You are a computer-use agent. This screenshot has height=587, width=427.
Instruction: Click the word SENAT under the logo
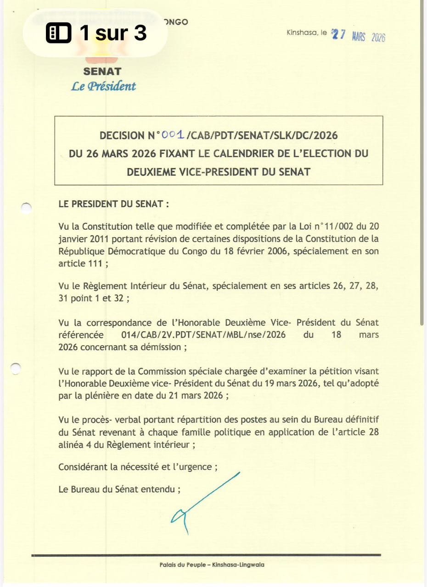102,72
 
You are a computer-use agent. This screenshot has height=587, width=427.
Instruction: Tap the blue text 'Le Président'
103,86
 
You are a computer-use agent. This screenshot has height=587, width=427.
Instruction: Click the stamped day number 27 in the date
339,35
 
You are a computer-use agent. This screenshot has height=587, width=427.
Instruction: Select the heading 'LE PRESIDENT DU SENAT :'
114,205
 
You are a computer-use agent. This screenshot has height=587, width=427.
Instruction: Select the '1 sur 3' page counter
113,33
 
